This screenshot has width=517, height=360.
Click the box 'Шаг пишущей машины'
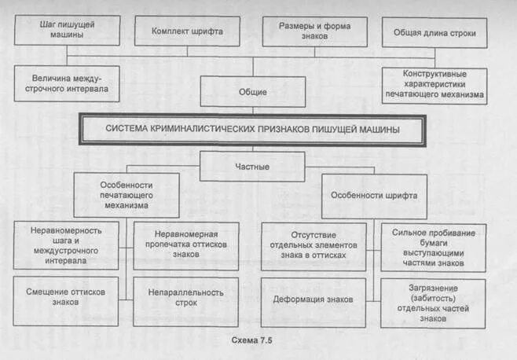tap(68, 30)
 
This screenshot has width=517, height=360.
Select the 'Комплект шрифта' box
tap(187, 31)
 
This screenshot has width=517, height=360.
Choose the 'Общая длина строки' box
tap(434, 32)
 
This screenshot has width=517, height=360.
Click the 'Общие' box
tap(252, 92)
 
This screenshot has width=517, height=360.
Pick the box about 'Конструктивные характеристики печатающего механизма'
tap(434, 85)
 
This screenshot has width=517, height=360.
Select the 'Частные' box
tap(252, 167)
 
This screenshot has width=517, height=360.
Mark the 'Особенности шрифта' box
tap(374, 195)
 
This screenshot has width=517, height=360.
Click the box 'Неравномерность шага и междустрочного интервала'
tap(66, 244)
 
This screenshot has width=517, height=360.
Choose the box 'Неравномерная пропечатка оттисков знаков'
tap(185, 244)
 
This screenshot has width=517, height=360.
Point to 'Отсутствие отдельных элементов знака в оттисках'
tap(313, 244)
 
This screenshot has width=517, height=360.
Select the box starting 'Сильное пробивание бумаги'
tap(433, 248)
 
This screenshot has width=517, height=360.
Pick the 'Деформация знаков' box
tap(313, 299)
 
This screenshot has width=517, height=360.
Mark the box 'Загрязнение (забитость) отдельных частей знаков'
tap(433, 303)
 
